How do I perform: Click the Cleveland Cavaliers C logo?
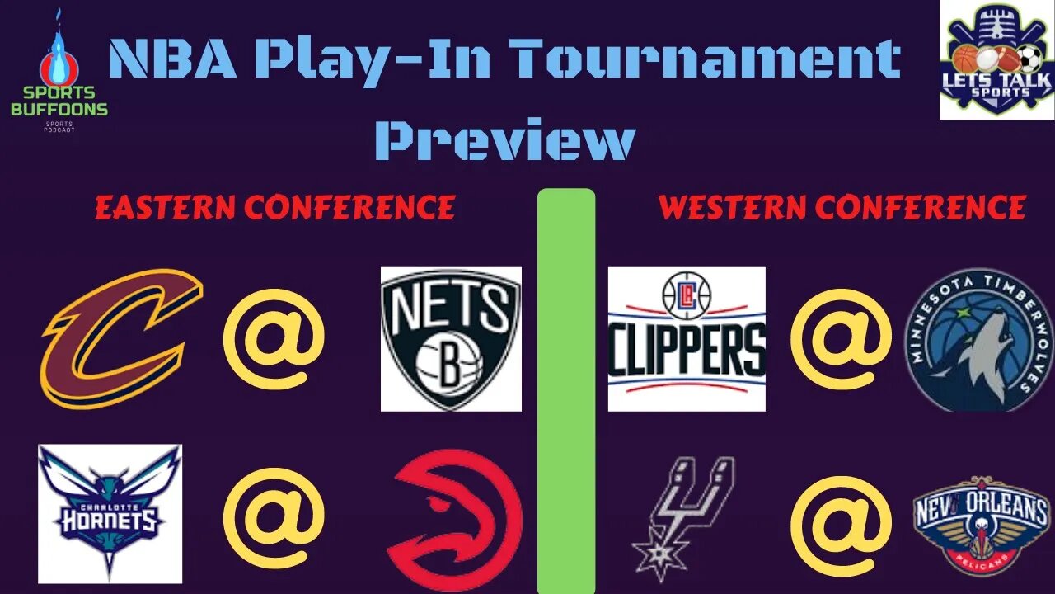tap(122, 338)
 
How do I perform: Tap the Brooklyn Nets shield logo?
tap(451, 338)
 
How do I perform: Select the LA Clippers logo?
tap(687, 338)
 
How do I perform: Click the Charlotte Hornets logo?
tap(110, 513)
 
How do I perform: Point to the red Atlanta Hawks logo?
tap(455, 520)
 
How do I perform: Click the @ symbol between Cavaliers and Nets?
tap(274, 338)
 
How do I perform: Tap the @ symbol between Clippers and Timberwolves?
tap(841, 338)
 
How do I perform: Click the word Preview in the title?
tap(504, 140)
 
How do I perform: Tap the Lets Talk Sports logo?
tap(997, 59)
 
